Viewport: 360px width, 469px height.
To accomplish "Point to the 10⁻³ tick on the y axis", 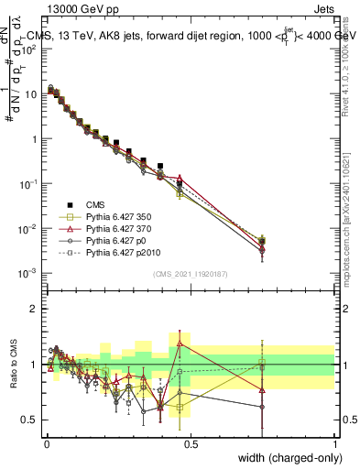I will point(30,273).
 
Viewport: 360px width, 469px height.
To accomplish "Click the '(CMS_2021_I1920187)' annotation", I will point(191,274).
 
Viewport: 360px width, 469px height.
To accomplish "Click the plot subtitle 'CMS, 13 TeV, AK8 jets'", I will point(101,37).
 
